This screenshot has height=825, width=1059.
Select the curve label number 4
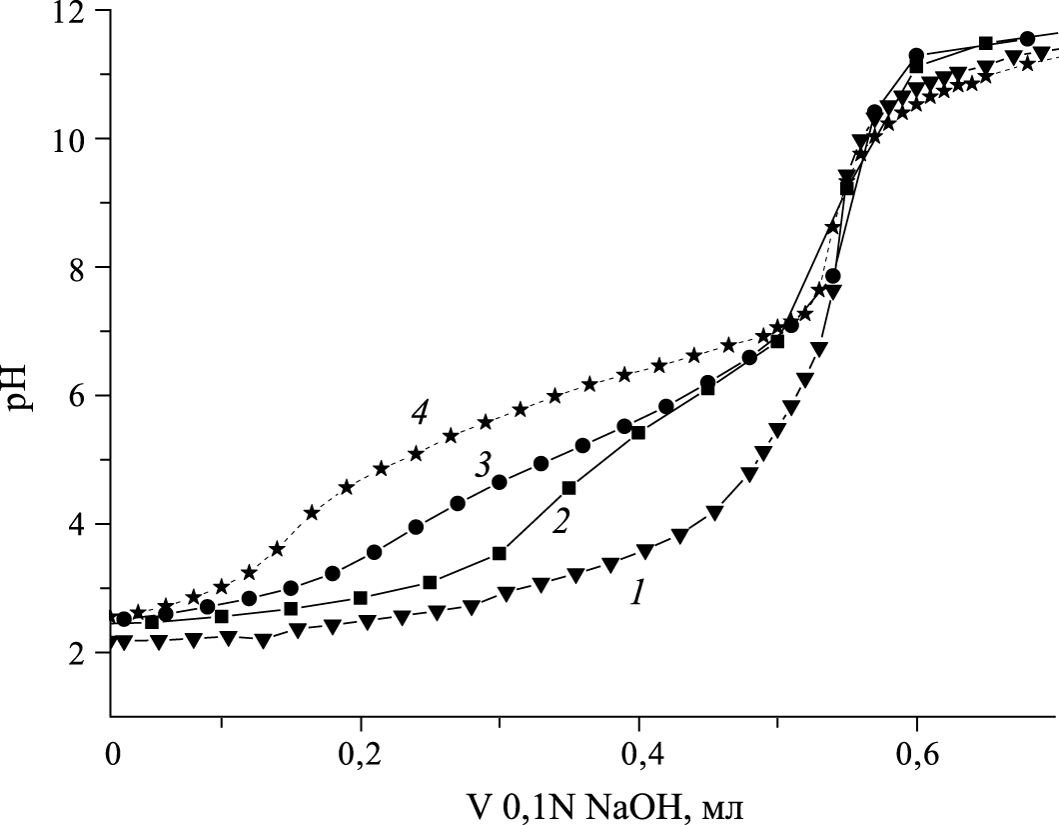pos(421,412)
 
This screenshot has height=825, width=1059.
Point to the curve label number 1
pos(635,593)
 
